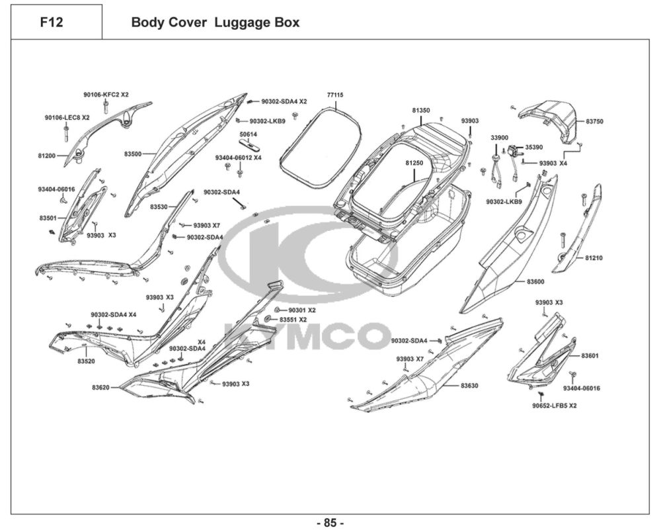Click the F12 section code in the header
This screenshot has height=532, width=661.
click(x=52, y=22)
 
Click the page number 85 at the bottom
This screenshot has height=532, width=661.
click(x=330, y=523)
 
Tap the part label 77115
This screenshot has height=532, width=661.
click(x=335, y=95)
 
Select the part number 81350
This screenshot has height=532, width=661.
click(x=421, y=111)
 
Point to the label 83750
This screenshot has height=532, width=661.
click(x=594, y=122)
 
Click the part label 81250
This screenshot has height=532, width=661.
click(x=414, y=162)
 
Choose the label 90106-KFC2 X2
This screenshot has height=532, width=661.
click(x=106, y=95)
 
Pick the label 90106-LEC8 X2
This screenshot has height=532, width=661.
click(x=67, y=117)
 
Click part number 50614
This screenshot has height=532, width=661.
click(x=249, y=134)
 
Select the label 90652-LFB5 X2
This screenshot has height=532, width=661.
click(x=555, y=405)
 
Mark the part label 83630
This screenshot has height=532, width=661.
click(x=470, y=385)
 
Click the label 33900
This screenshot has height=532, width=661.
click(x=499, y=137)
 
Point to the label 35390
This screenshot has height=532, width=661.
click(x=534, y=148)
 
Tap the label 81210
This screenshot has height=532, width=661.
click(x=594, y=257)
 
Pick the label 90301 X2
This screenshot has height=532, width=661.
click(x=301, y=310)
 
